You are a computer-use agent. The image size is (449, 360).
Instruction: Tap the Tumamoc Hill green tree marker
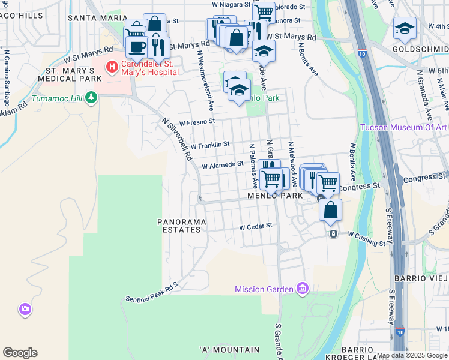pyautogui.click(x=91, y=97)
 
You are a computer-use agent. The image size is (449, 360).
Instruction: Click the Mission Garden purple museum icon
pyautogui.click(x=302, y=289)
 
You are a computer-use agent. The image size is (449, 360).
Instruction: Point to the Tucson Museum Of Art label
pyautogui.click(x=403, y=127)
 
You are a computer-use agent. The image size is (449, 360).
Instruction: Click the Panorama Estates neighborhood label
pyautogui.click(x=182, y=226)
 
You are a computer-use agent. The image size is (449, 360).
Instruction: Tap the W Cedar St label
pyautogui.click(x=256, y=227)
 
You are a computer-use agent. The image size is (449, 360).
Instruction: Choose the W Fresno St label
pyautogui.click(x=197, y=122)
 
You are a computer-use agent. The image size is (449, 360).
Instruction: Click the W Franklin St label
pyautogui.click(x=210, y=145)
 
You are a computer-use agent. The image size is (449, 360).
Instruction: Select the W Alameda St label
pyautogui.click(x=222, y=164)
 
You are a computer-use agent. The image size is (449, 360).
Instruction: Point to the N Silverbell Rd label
pyautogui.click(x=178, y=138)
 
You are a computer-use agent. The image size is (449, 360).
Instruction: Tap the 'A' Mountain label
pyautogui.click(x=229, y=349)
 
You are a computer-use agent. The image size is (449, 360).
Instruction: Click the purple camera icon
pyautogui.click(x=25, y=310)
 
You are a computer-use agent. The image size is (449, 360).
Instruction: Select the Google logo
pyautogui.click(x=20, y=353)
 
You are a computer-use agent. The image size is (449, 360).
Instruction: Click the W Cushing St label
pyautogui.click(x=366, y=240)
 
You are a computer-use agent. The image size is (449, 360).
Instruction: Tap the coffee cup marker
pyautogui.click(x=137, y=47)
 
